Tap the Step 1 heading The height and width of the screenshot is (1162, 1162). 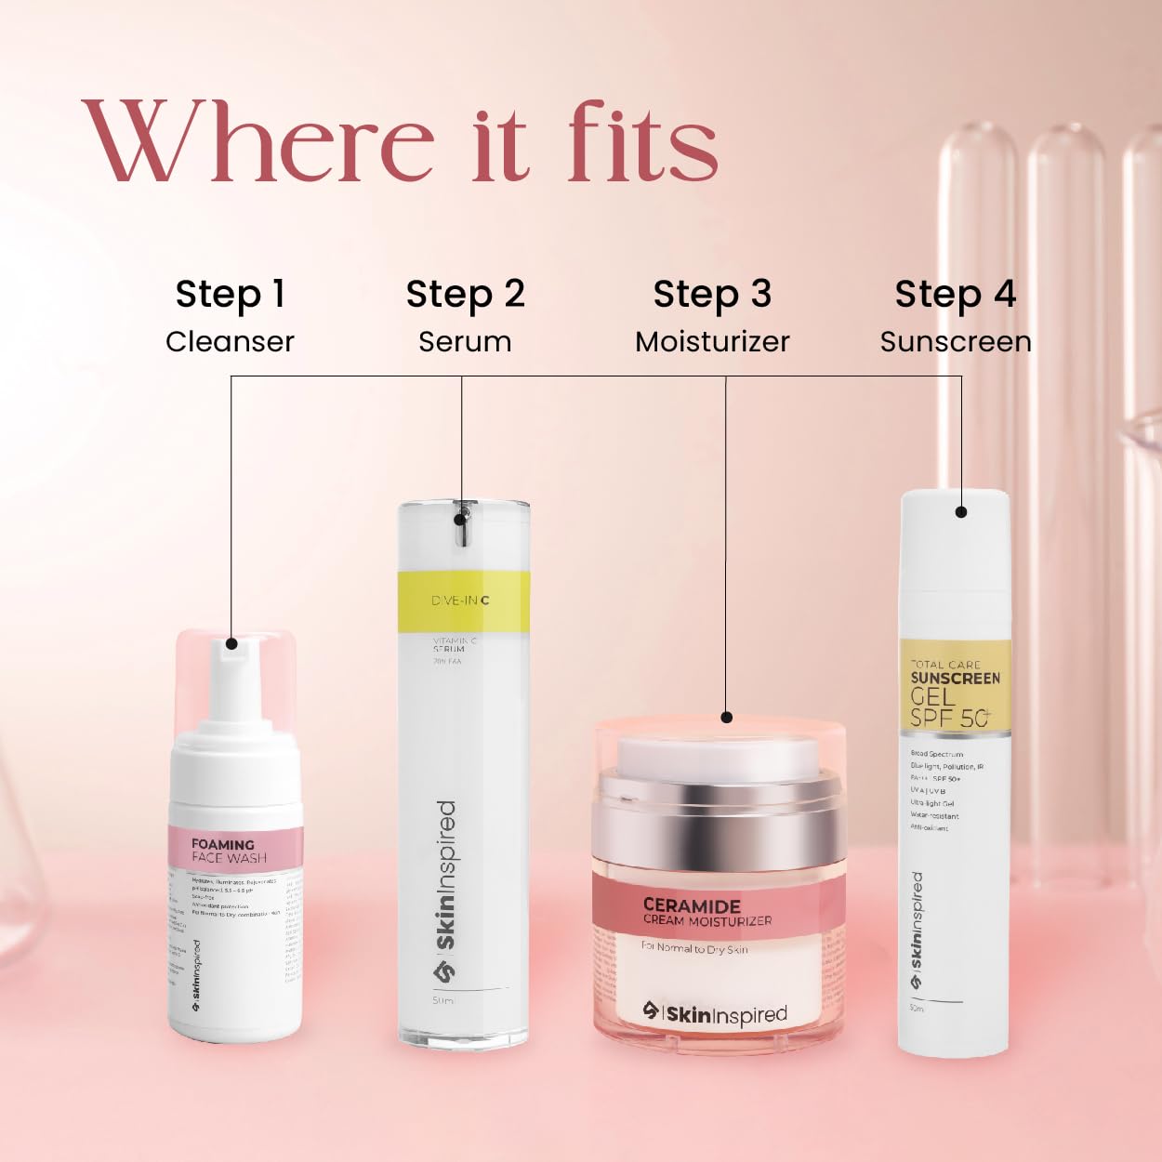pos(230,295)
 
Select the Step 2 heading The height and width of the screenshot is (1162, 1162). pos(465,295)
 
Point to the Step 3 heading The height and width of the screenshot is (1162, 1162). pos(712,295)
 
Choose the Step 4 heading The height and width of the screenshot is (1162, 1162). pos(955,295)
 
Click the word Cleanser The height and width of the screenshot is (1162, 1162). pos(230,342)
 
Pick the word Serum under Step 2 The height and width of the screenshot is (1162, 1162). pos(465,342)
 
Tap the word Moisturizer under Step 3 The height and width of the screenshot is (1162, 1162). pos(712,342)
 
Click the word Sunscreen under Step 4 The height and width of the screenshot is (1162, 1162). pos(956,342)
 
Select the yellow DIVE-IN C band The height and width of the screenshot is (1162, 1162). pos(463,601)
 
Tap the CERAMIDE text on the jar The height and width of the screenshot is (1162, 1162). pos(692,905)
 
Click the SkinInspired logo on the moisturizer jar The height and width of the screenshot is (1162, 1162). pos(715,1013)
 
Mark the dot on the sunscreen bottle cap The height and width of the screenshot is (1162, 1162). pos(961,511)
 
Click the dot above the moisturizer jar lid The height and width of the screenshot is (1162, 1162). pos(727,717)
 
